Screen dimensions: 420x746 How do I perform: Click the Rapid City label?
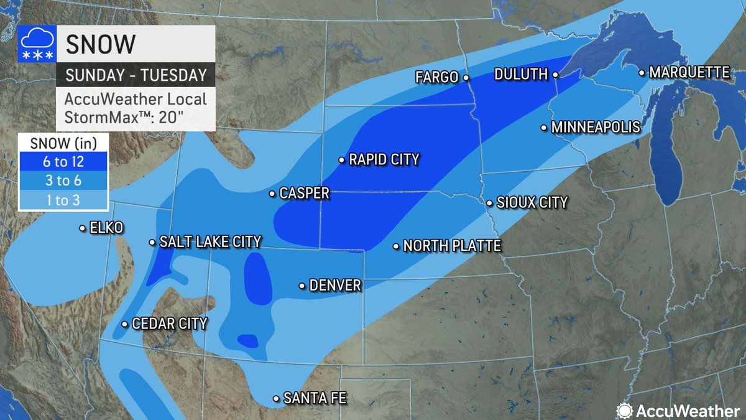[384, 160]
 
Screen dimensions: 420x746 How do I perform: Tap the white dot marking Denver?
[302, 286]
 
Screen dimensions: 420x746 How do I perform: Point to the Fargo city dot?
[465, 78]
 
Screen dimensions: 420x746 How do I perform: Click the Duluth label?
[520, 74]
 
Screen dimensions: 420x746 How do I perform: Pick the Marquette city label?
[689, 73]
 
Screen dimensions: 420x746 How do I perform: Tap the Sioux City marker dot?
[490, 203]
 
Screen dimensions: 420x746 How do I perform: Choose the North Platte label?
[452, 246]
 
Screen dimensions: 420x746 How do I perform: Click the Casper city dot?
[272, 194]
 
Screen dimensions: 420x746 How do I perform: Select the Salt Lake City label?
[210, 242]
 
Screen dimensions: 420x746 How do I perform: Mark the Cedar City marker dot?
[125, 324]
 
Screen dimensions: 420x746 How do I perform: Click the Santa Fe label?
[314, 398]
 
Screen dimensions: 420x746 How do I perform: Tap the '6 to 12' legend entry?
[63, 163]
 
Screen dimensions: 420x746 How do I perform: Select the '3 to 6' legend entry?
[63, 181]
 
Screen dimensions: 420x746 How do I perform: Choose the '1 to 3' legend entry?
[63, 200]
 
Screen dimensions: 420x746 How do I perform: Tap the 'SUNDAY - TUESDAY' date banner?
[136, 75]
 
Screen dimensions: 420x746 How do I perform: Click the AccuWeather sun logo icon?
[624, 410]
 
